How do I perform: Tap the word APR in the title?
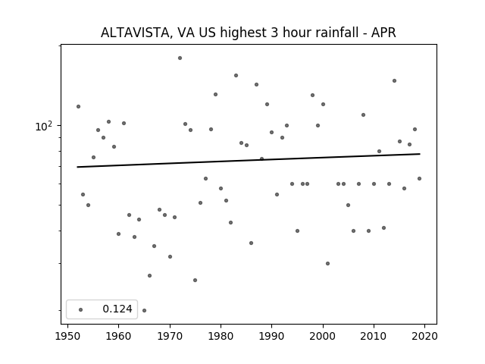[x=383, y=33]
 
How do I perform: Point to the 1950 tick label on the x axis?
[x=67, y=337]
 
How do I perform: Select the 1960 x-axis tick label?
[x=119, y=337]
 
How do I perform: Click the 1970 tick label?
[x=170, y=337]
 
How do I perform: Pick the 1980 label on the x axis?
[x=221, y=337]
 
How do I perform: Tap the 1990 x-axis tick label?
[x=272, y=337]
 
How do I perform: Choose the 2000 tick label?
[x=323, y=337]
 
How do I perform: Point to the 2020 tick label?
[x=425, y=337]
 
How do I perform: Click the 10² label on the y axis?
[x=45, y=126]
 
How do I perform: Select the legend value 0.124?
[x=117, y=309]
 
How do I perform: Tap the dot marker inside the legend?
[x=80, y=309]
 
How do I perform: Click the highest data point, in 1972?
[x=180, y=58]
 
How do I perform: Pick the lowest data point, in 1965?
[x=144, y=310]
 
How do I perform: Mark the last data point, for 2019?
[x=419, y=179]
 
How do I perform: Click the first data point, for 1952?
[x=78, y=106]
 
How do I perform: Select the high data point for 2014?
[x=394, y=80]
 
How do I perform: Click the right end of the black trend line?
[x=419, y=154]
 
